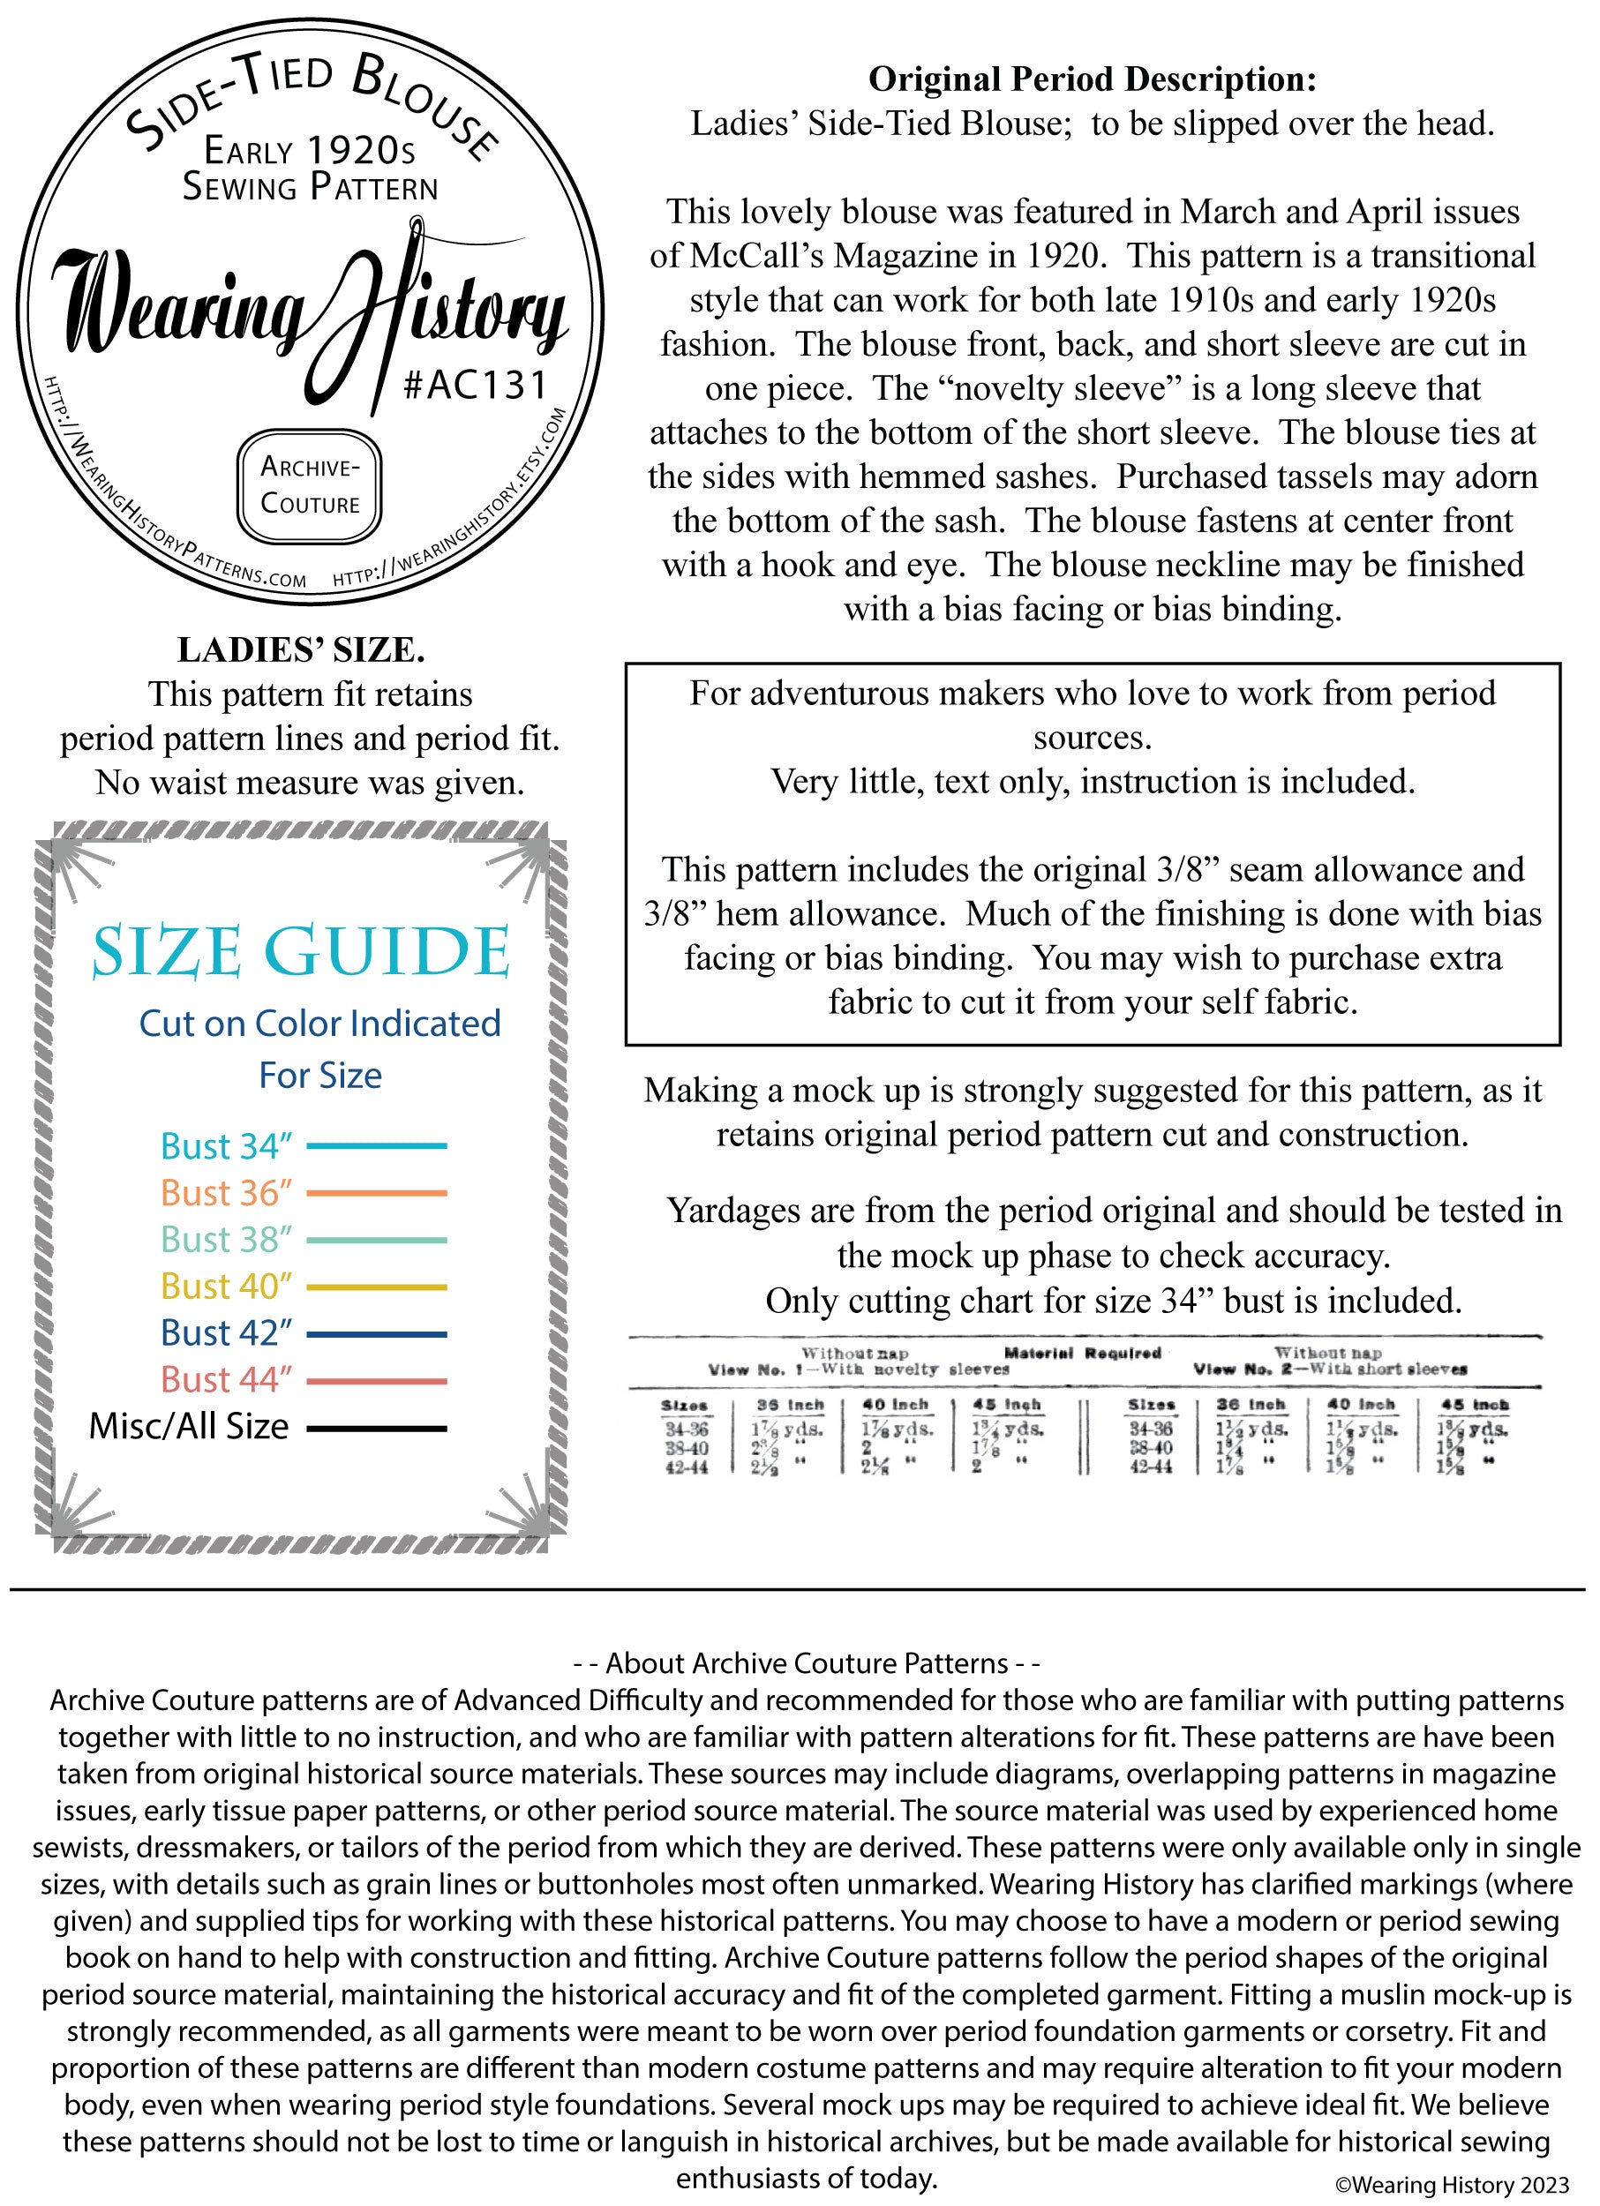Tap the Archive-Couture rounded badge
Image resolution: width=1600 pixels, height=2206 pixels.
(x=311, y=485)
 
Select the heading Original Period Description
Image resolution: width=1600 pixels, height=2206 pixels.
(x=1092, y=79)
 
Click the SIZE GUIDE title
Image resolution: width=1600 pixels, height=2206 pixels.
(x=302, y=952)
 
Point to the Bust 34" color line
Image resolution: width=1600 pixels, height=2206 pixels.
(x=377, y=1146)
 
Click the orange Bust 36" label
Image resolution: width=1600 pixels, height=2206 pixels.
(x=227, y=1192)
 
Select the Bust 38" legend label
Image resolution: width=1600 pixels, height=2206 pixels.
(x=227, y=1239)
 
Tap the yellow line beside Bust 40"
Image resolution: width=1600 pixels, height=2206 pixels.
(x=377, y=1287)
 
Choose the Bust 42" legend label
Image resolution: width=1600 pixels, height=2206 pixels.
(x=227, y=1332)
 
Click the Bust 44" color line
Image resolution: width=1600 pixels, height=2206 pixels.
(x=377, y=1380)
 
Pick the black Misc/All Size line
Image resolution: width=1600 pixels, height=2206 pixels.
(x=377, y=1428)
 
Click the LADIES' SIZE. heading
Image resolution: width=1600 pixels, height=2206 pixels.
(x=301, y=649)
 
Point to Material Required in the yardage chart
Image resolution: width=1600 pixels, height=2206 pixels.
(x=1082, y=1353)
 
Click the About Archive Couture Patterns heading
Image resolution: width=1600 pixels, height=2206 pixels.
(x=808, y=1663)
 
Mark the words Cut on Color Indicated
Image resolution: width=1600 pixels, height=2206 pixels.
(x=320, y=1024)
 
